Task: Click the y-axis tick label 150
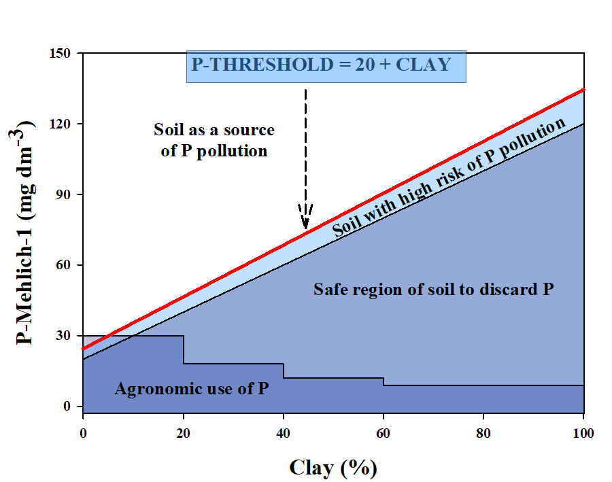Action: (65, 53)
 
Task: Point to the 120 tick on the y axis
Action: (65, 124)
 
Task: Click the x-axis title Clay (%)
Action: (333, 467)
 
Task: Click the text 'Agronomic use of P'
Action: (192, 390)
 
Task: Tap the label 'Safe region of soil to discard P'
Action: (433, 290)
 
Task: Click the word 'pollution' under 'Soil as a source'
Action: (233, 151)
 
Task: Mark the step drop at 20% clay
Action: (183, 349)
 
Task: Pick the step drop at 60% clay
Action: (384, 381)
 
